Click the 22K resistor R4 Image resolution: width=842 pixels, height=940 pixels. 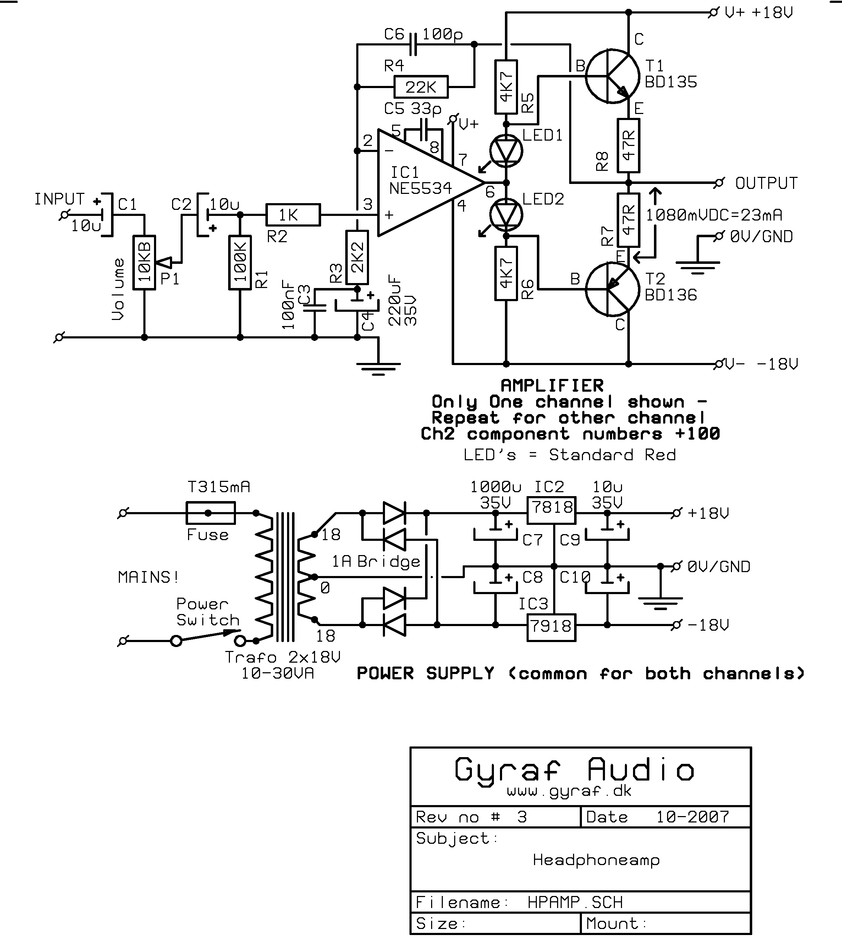pyautogui.click(x=420, y=87)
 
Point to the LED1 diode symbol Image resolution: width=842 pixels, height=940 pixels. pyautogui.click(x=506, y=151)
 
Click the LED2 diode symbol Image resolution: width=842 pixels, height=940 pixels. pyautogui.click(x=506, y=215)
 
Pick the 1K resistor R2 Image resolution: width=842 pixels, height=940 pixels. pyautogui.click(x=293, y=215)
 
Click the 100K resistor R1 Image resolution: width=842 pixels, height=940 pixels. pyautogui.click(x=240, y=262)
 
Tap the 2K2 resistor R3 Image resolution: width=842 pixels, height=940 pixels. pyautogui.click(x=357, y=257)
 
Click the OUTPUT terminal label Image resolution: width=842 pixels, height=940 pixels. pyautogui.click(x=766, y=183)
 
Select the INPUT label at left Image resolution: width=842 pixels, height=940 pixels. pyautogui.click(x=59, y=199)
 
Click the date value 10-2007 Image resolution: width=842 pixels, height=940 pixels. pyautogui.click(x=693, y=817)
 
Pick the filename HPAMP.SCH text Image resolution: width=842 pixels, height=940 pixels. pyautogui.click(x=575, y=902)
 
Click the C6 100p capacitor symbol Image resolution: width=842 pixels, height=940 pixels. pyautogui.click(x=414, y=44)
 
